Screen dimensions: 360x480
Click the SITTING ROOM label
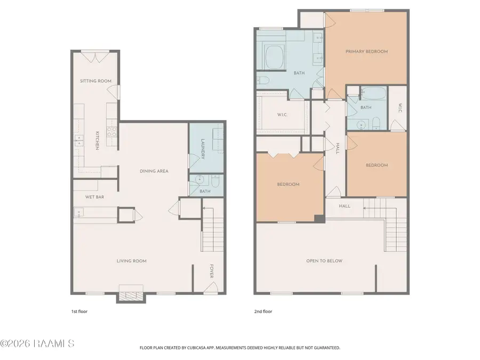pos(95,81)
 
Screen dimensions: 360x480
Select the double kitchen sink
pos(78,141)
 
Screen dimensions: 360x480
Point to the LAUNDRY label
pos(203,150)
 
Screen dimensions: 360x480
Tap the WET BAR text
pos(94,197)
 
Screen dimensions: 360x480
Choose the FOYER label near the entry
pos(211,271)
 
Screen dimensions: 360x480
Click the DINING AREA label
pos(154,171)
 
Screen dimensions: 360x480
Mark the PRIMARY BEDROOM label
pos(366,52)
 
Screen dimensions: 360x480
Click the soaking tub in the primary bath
pos(274,57)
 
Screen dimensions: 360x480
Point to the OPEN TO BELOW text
pos(324,261)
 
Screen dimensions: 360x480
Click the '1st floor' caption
pos(79,311)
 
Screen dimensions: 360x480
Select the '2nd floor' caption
pos(262,311)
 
